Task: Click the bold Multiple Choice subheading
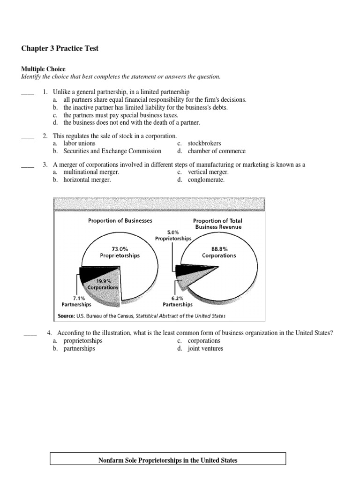43,69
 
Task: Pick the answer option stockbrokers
204,143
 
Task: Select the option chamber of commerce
216,151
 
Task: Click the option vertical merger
208,172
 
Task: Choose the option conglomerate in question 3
206,180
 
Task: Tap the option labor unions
79,143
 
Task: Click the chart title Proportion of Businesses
120,220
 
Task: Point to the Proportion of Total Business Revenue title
217,224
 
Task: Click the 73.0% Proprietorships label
120,252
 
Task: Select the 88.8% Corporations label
218,252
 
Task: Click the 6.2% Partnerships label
178,301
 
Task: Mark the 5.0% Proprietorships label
173,235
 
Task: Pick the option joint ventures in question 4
206,348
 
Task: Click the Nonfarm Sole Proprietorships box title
168,460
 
